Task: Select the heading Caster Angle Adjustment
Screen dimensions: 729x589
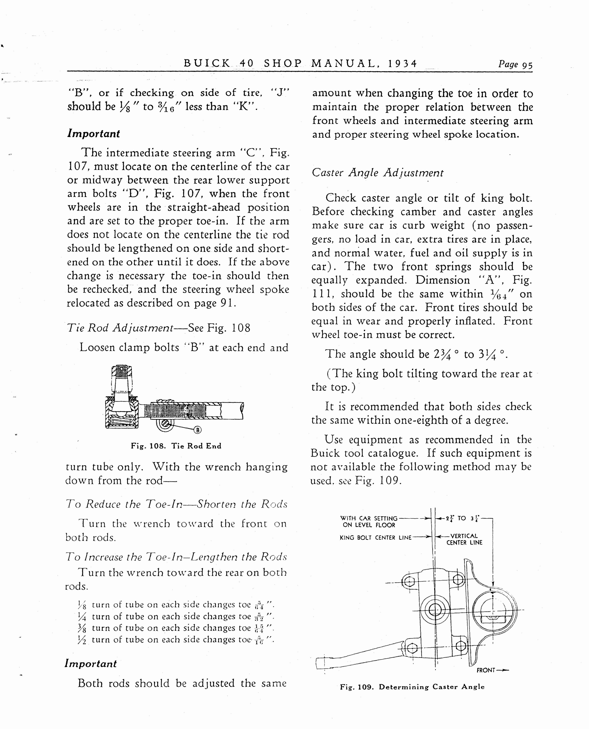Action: [377, 173]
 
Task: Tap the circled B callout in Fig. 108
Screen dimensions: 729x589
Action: [198, 430]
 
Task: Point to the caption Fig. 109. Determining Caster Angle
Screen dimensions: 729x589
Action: [412, 687]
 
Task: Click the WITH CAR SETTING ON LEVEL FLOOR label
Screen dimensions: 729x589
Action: [368, 522]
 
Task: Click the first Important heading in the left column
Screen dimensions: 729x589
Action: [94, 134]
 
